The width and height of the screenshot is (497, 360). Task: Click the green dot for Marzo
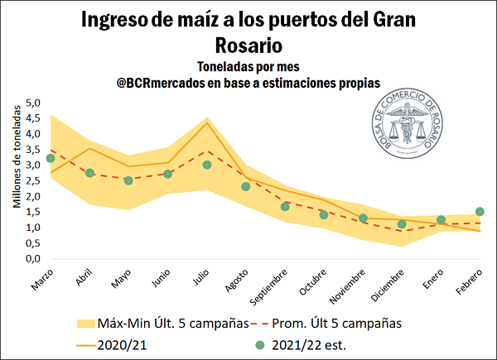coord(51,158)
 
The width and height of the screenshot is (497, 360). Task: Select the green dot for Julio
coord(207,165)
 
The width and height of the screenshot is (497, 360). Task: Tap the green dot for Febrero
coord(480,211)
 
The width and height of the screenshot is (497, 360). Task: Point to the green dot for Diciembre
coord(402,223)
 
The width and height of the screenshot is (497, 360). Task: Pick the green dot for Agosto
coord(246,186)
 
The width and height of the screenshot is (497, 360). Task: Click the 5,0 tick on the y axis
coord(33,103)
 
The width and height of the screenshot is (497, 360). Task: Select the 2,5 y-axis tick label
coord(33,180)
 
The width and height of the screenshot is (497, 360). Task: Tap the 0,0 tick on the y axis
coord(33,258)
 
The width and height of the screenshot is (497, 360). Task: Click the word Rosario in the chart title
coord(248,43)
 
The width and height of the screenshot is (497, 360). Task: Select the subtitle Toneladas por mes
coord(248,66)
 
